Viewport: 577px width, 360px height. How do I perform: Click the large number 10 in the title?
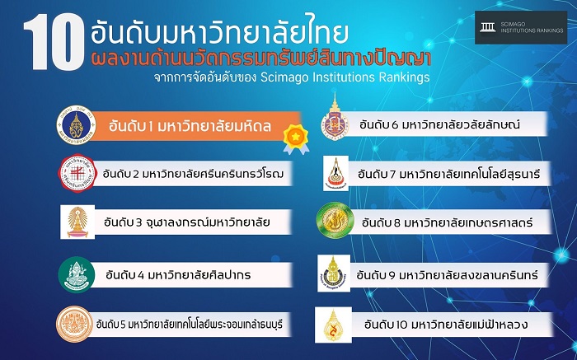click(x=54, y=41)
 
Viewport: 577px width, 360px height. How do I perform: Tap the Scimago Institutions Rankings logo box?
click(x=521, y=27)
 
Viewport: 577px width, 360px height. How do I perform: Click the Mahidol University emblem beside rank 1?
click(x=76, y=125)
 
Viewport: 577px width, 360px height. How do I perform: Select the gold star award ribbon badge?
click(x=296, y=139)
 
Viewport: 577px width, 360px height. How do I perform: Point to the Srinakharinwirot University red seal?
click(x=77, y=173)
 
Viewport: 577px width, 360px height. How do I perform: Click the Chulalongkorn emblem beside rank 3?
click(x=77, y=222)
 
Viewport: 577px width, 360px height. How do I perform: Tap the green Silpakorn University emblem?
click(x=77, y=274)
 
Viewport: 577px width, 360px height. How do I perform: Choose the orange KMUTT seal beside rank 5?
click(x=75, y=325)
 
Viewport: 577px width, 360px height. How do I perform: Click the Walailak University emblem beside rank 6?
click(x=335, y=117)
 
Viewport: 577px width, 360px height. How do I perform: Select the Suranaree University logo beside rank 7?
click(x=335, y=173)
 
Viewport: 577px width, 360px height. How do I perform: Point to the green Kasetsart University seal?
click(x=335, y=221)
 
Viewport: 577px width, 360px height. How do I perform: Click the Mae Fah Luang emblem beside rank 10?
click(x=333, y=325)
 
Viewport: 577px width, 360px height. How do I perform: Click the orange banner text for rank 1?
click(x=190, y=126)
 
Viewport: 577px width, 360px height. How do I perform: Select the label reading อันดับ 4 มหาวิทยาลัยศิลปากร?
click(x=178, y=274)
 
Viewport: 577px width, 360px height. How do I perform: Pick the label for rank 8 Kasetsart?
click(x=447, y=222)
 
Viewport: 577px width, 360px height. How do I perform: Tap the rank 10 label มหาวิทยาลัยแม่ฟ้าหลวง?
click(x=446, y=325)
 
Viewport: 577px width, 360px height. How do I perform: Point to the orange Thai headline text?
click(x=261, y=58)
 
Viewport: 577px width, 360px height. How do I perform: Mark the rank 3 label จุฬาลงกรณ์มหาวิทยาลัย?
click(x=187, y=222)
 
